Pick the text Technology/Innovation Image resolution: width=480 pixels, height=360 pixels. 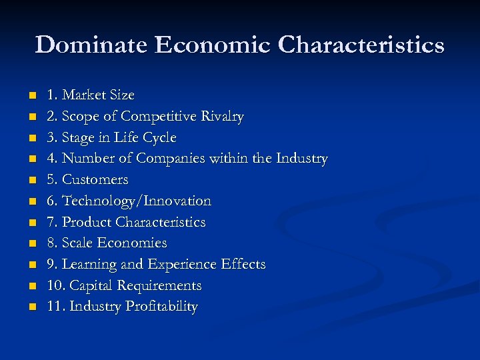137,201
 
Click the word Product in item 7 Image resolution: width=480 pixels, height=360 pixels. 87,222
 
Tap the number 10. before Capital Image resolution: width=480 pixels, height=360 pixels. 56,286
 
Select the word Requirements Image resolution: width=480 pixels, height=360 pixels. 159,286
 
